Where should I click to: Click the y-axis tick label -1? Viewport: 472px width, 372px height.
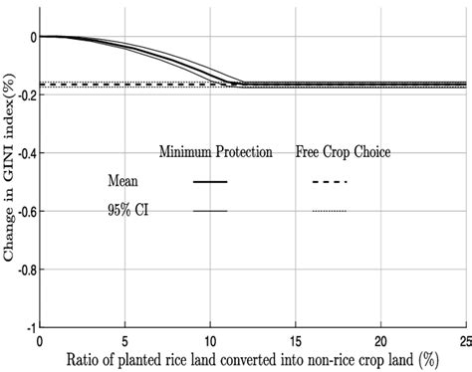coord(29,326)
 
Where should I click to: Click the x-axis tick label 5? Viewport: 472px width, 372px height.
coord(124,340)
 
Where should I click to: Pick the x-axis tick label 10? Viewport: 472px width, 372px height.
coord(210,340)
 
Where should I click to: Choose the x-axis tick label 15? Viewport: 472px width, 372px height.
coord(296,340)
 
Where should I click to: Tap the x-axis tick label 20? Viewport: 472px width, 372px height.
coord(381,340)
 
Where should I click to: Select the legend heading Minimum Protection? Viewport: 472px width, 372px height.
coord(216,153)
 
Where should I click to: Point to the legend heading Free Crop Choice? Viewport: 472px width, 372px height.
coord(343,153)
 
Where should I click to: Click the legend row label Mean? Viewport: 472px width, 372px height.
coord(123,182)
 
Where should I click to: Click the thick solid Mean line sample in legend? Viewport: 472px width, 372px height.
coord(210,182)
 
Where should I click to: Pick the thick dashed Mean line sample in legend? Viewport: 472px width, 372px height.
coord(329,182)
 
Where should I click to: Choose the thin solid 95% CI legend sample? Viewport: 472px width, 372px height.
coord(210,211)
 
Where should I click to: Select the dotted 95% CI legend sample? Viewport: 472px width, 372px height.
coord(329,211)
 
